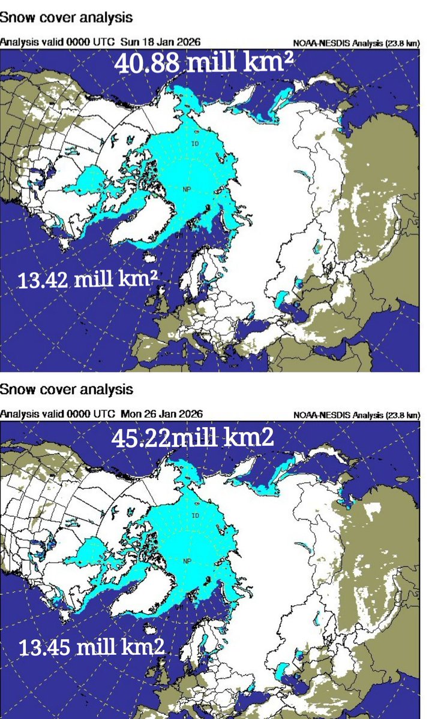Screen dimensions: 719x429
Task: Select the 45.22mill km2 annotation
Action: click(193, 439)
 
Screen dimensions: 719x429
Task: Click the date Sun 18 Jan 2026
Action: click(161, 42)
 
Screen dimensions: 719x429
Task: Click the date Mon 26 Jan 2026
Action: click(162, 413)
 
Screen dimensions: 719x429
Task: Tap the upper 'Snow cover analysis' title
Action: click(66, 17)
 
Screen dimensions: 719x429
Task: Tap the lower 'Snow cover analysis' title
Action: click(66, 389)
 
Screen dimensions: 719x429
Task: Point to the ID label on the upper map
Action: click(195, 144)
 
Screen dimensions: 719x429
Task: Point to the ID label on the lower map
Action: click(195, 516)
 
